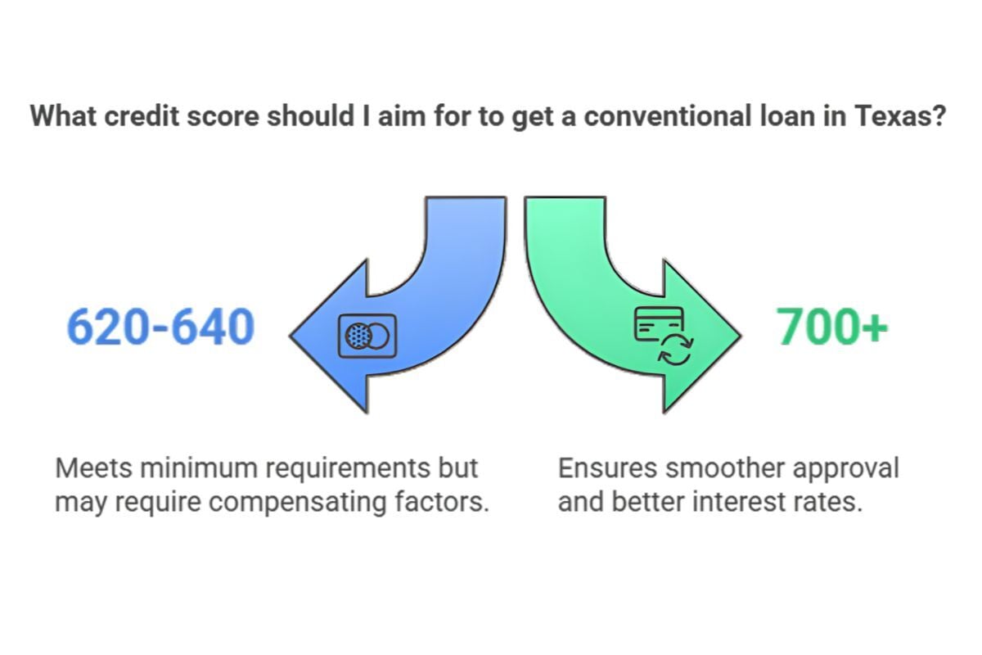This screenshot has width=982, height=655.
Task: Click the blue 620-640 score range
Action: coord(160,327)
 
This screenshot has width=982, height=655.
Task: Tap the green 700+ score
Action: coord(832,327)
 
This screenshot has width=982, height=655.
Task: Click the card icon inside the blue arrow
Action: coord(367,336)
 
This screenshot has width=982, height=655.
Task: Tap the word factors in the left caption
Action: coord(448,501)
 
